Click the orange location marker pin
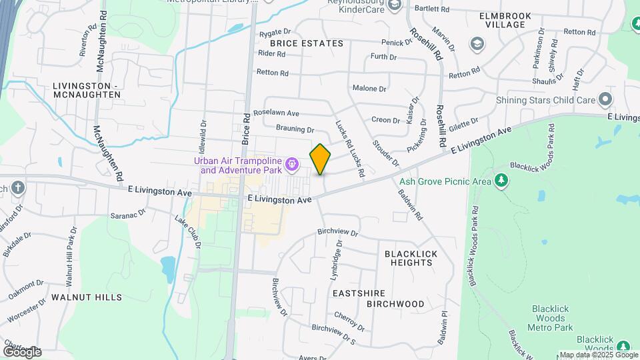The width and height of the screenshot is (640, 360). point(320,159)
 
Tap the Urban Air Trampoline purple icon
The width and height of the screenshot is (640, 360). point(291,163)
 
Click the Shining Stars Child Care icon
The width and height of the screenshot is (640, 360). point(605,100)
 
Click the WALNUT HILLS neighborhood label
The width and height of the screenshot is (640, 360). point(87,297)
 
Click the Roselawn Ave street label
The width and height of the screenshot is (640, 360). point(276,113)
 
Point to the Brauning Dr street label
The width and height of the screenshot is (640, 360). point(294,129)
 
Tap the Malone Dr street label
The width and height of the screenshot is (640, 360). point(369,88)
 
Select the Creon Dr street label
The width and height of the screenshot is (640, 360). point(386,121)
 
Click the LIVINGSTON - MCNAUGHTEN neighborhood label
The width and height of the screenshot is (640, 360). point(87,90)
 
